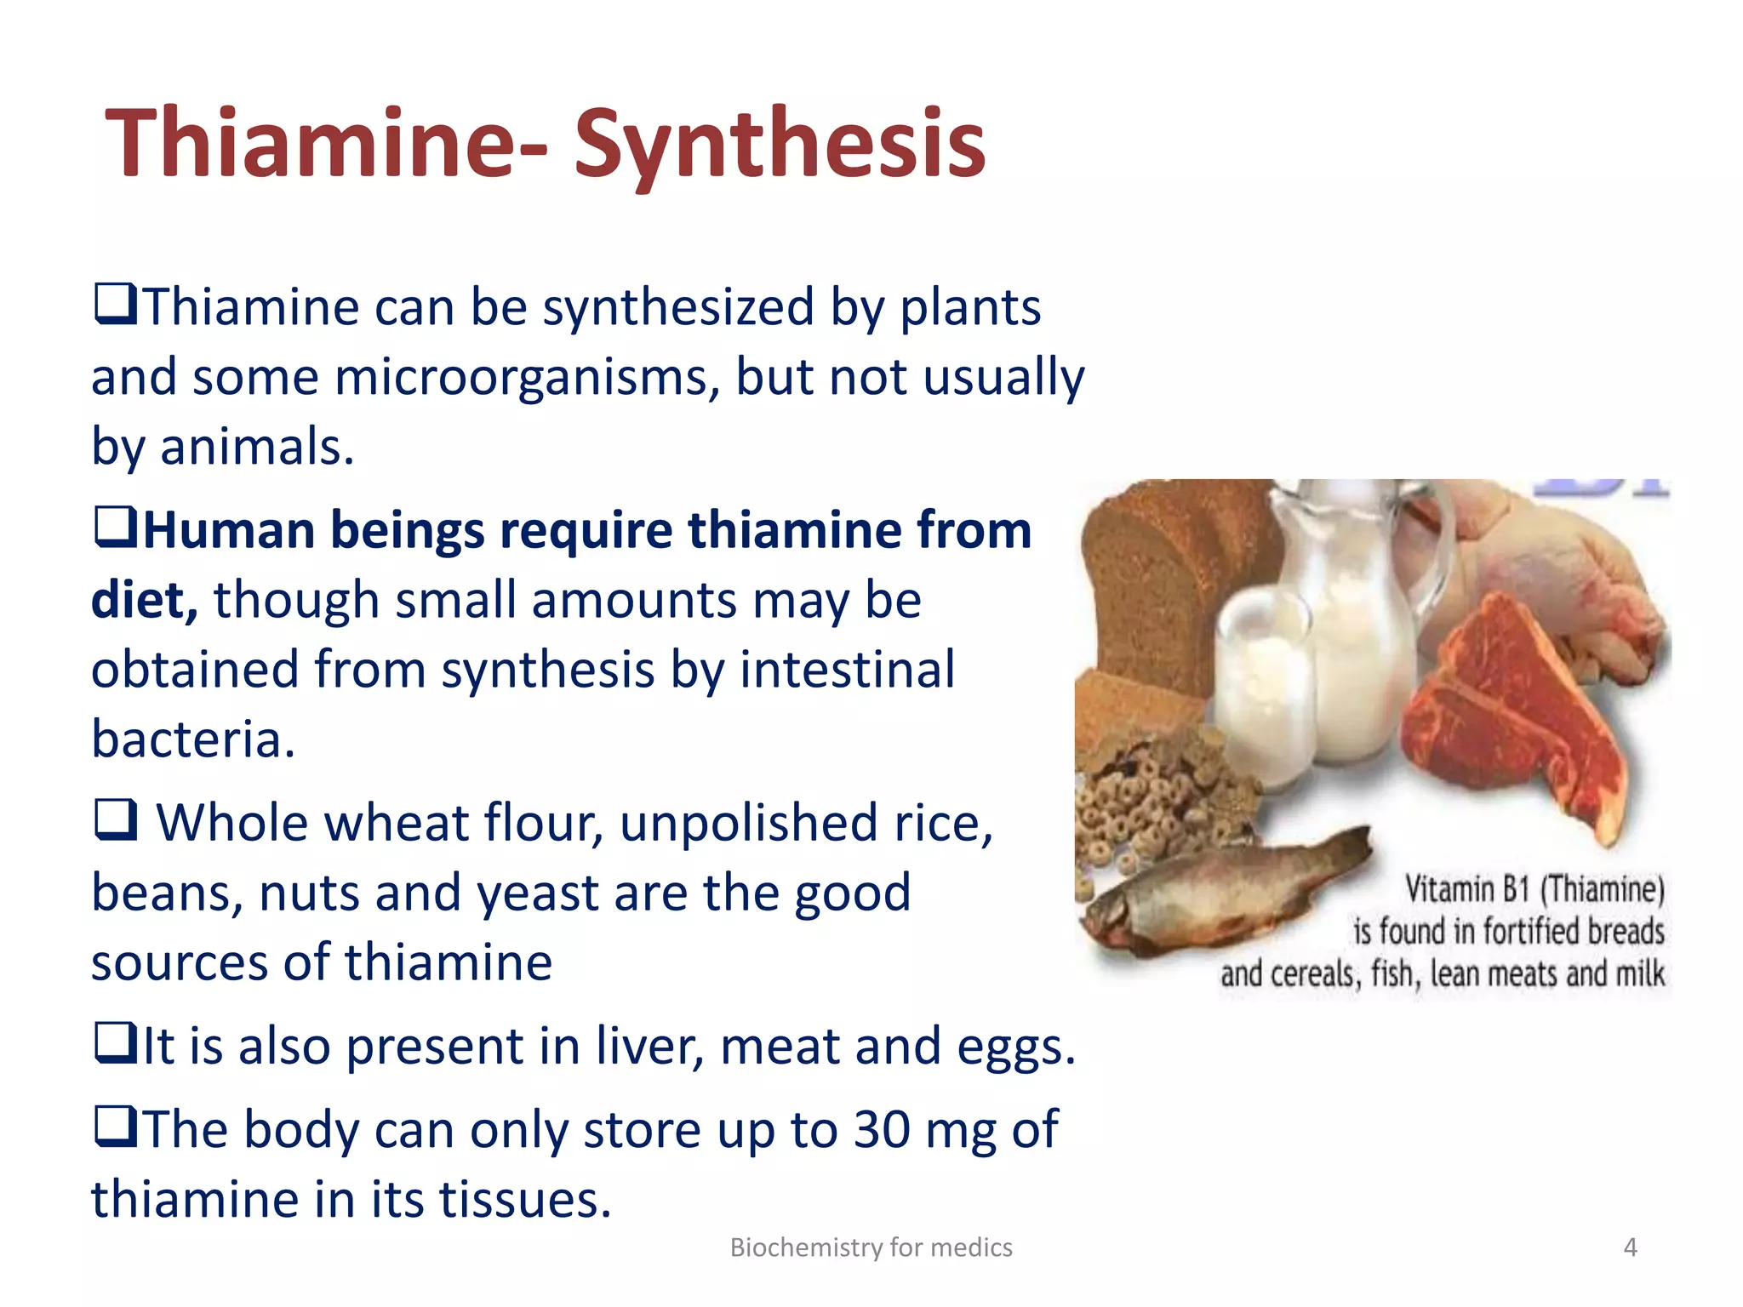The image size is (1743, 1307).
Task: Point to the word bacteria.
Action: click(x=193, y=739)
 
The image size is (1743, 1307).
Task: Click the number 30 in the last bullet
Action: click(x=882, y=1130)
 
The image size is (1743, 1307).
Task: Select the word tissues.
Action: click(x=525, y=1200)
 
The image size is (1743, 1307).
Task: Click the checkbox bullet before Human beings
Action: click(x=115, y=528)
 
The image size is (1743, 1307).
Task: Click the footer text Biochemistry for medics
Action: click(x=871, y=1247)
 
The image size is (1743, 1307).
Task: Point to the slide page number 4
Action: click(x=1630, y=1247)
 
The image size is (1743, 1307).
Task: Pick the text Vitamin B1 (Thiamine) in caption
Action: click(x=1534, y=889)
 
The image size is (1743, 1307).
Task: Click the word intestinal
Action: click(x=847, y=670)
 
